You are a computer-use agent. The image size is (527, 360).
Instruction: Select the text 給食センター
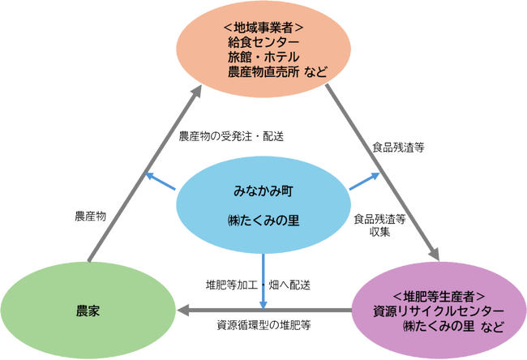click(x=264, y=42)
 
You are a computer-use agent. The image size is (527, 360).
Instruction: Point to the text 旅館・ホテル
click(x=264, y=58)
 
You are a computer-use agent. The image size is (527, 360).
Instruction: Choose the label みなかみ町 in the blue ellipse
click(x=263, y=193)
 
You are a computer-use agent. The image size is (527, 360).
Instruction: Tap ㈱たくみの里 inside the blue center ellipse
click(x=263, y=221)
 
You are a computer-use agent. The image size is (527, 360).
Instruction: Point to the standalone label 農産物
click(x=89, y=216)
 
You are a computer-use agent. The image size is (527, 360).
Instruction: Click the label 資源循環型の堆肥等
click(x=264, y=326)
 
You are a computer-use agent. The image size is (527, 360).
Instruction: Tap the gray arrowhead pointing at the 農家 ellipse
click(x=184, y=310)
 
